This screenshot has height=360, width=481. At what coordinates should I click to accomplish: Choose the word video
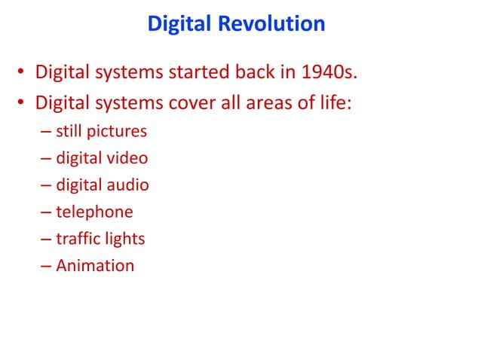(127, 158)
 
